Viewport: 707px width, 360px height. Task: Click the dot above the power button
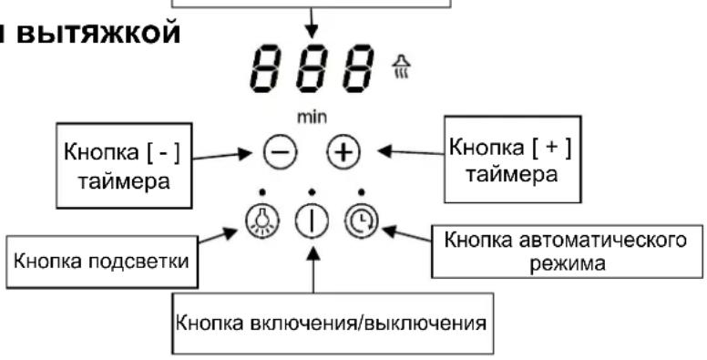coord(312,192)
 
